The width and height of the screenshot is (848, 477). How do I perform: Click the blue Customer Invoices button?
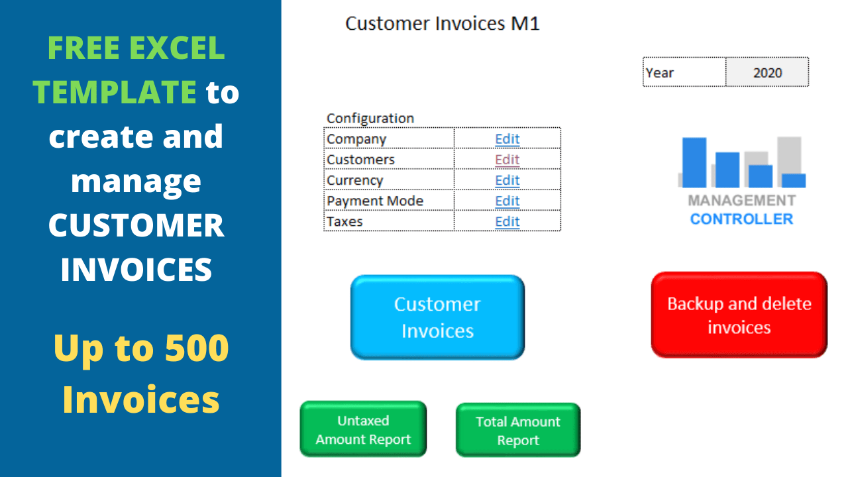coord(437,317)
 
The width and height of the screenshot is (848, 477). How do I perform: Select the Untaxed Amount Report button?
coord(363,429)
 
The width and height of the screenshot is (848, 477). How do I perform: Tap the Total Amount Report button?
coord(518,430)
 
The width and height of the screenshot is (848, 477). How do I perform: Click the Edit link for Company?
coord(507,139)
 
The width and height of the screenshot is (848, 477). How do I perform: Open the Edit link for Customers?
coord(507,160)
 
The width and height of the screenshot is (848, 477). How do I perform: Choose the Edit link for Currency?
coord(507,180)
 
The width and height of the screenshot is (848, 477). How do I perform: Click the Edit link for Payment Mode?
coord(507,201)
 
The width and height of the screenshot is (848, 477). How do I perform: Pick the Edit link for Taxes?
coord(507,221)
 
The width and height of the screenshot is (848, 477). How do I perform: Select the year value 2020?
coord(767,72)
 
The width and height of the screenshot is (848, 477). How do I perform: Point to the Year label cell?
coord(684,72)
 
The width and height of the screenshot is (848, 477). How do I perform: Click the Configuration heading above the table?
coord(370,119)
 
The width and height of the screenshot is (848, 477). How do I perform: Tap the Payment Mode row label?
coord(375,201)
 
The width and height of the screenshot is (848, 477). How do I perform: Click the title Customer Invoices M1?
coord(442,23)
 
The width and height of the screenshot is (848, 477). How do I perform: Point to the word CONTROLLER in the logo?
coord(741,219)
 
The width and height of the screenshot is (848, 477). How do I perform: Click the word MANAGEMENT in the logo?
coord(741,200)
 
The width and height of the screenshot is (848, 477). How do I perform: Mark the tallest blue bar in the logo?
coord(694,162)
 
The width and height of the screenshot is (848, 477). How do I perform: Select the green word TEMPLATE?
coord(115,91)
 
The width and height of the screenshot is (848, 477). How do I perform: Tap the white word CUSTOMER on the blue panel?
coord(136,225)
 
